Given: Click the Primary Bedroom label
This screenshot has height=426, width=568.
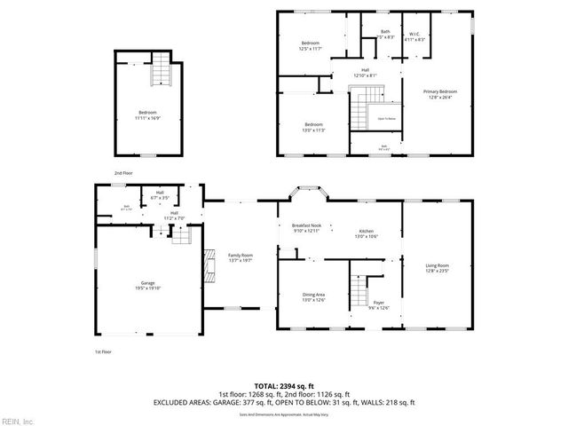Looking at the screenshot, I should pos(439,95).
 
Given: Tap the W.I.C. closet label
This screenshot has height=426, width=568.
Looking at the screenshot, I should pos(414,37).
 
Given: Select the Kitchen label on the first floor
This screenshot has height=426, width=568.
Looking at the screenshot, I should pos(367,233).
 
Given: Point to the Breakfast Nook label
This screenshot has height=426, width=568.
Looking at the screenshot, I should pos(306,228).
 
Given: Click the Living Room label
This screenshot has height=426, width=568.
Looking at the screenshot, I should pos(437,268).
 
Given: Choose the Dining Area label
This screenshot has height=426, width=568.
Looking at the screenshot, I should pos(312,297).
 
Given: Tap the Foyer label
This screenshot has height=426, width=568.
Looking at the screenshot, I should pos(379,304).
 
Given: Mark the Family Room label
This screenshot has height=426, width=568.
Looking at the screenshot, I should pos(241,258).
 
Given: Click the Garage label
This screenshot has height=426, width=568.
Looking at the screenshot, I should pos(147,285).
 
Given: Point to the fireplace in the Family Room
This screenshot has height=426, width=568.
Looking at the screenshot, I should pos(209,264).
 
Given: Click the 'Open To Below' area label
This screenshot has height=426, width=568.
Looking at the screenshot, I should pos(387,118).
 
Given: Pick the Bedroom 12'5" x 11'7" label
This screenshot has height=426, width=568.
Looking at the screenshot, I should pos(310,46).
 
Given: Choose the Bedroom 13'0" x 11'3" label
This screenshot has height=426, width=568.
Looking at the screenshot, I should pos(314,127).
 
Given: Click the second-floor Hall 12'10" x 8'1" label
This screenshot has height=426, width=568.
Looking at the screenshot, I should pos(365,73).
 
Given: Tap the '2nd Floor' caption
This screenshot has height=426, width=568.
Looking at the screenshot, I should pos(122,172).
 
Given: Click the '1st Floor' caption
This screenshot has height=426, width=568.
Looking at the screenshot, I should pos(104,351).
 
